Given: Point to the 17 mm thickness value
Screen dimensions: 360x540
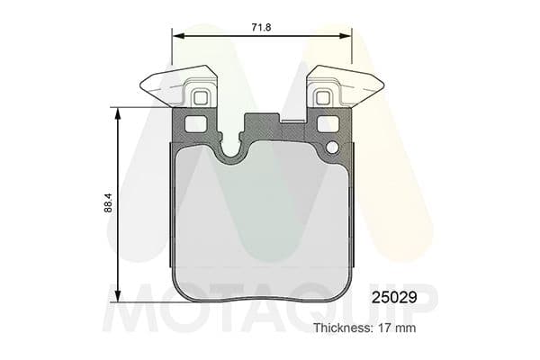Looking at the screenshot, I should point(398,328).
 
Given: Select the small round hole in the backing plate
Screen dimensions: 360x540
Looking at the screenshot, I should point(331,148).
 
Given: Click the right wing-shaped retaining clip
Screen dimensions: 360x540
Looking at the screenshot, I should point(361,86).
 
